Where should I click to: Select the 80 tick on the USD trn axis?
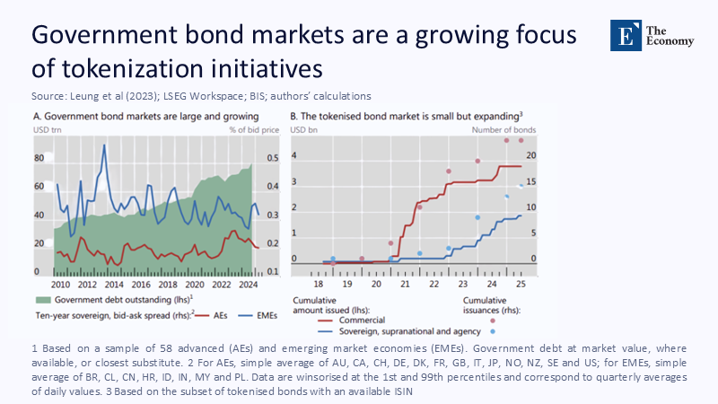(x=39, y=158)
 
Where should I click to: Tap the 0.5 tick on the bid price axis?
(x=272, y=158)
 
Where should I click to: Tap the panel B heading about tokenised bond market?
(x=407, y=116)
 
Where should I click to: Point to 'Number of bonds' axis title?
(x=505, y=130)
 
